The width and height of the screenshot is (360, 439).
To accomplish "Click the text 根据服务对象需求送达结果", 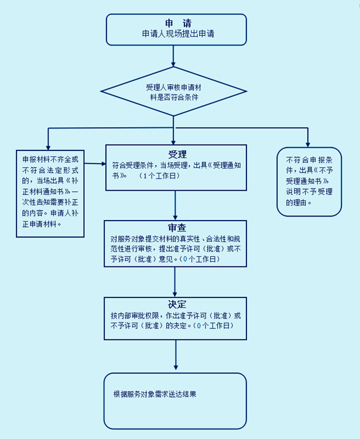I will pos(155,394).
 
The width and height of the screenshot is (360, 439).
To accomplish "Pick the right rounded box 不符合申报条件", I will pos(309,181).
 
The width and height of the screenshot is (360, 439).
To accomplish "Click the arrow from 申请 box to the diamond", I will pos(174,56).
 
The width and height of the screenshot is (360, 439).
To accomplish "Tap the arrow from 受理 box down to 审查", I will pos(175,205).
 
